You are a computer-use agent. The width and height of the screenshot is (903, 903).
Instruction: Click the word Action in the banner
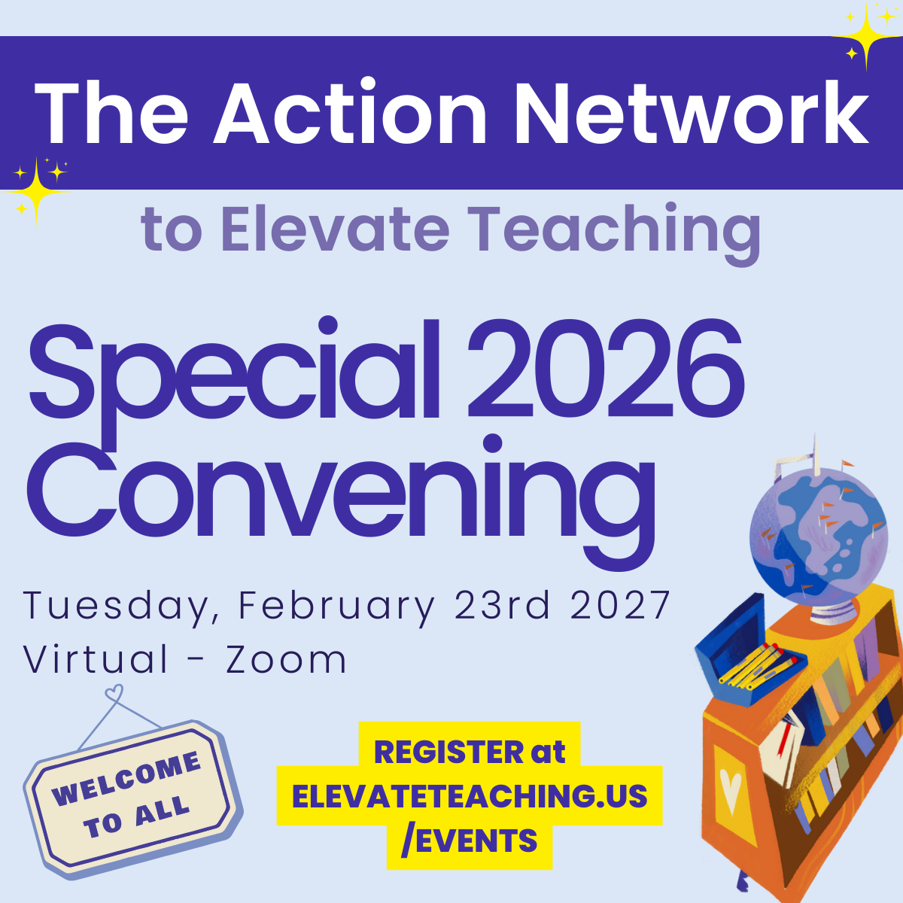pos(351,113)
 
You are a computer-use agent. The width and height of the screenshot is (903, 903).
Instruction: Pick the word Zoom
pos(287,660)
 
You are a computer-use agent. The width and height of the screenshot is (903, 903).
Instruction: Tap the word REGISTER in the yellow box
pos(448,752)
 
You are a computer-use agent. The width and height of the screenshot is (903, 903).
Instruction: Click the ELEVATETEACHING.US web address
pos(470,796)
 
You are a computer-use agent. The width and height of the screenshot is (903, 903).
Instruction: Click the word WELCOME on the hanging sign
pos(126,779)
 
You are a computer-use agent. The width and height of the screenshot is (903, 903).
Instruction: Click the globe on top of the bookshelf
pos(817,535)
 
